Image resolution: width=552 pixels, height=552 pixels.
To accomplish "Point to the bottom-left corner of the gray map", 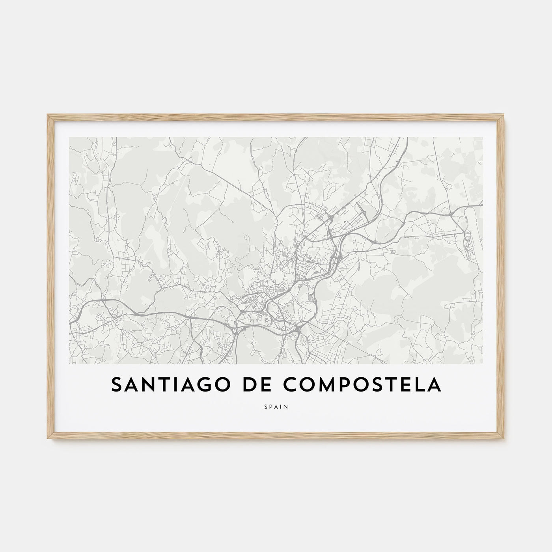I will point(69,364).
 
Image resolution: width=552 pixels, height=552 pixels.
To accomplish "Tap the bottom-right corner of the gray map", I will point(483,364).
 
